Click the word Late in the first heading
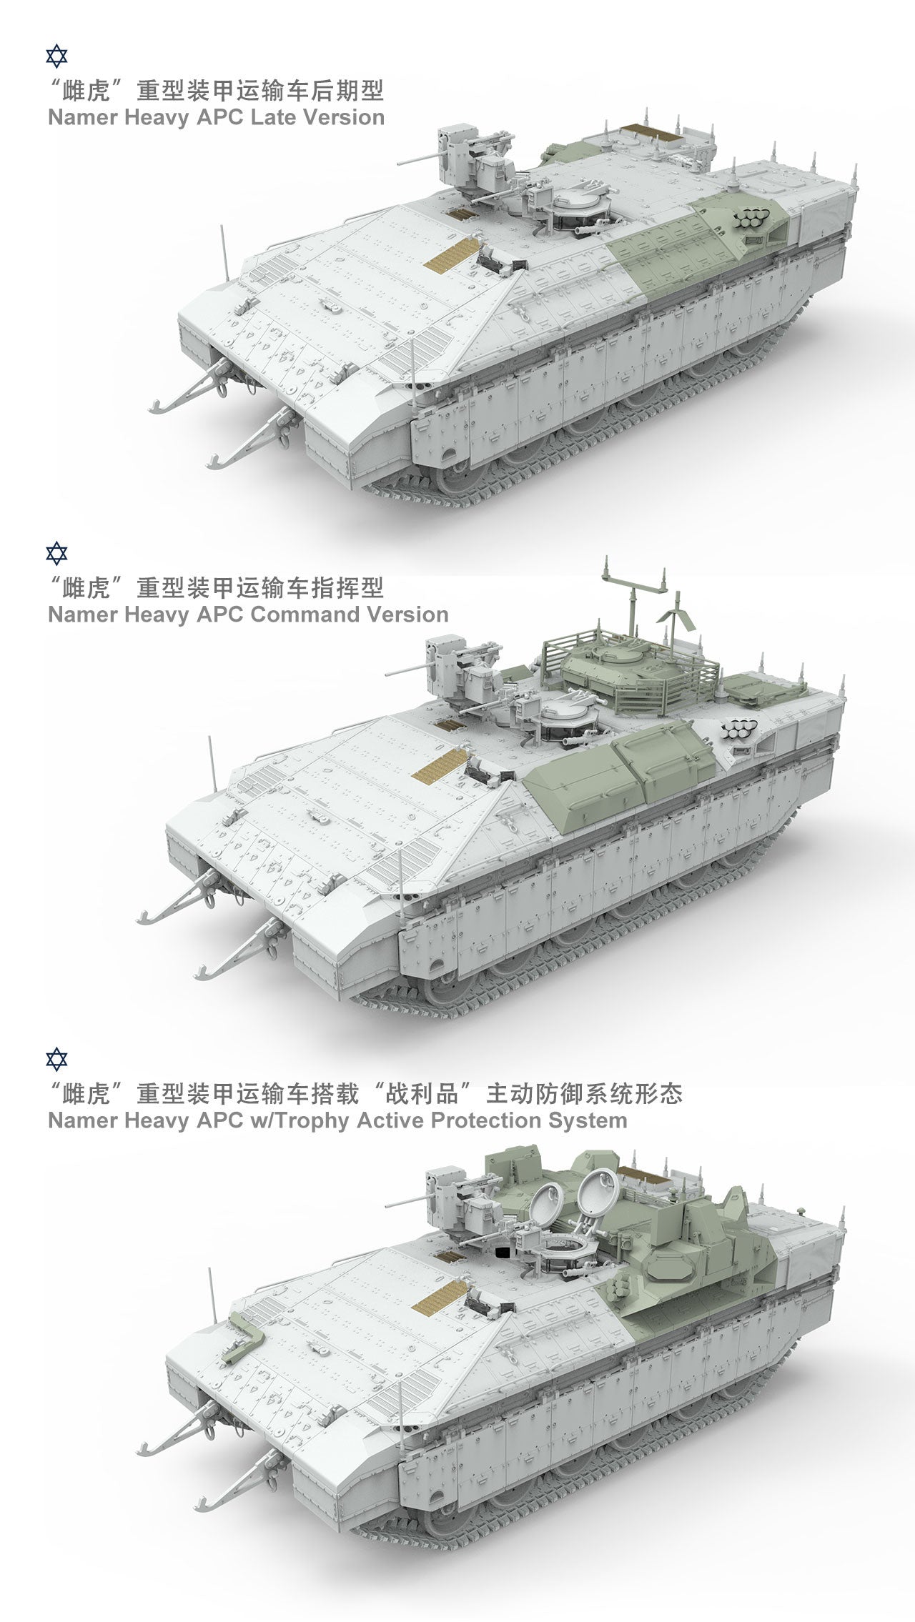(273, 117)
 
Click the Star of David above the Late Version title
(56, 56)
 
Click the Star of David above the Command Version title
(56, 553)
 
